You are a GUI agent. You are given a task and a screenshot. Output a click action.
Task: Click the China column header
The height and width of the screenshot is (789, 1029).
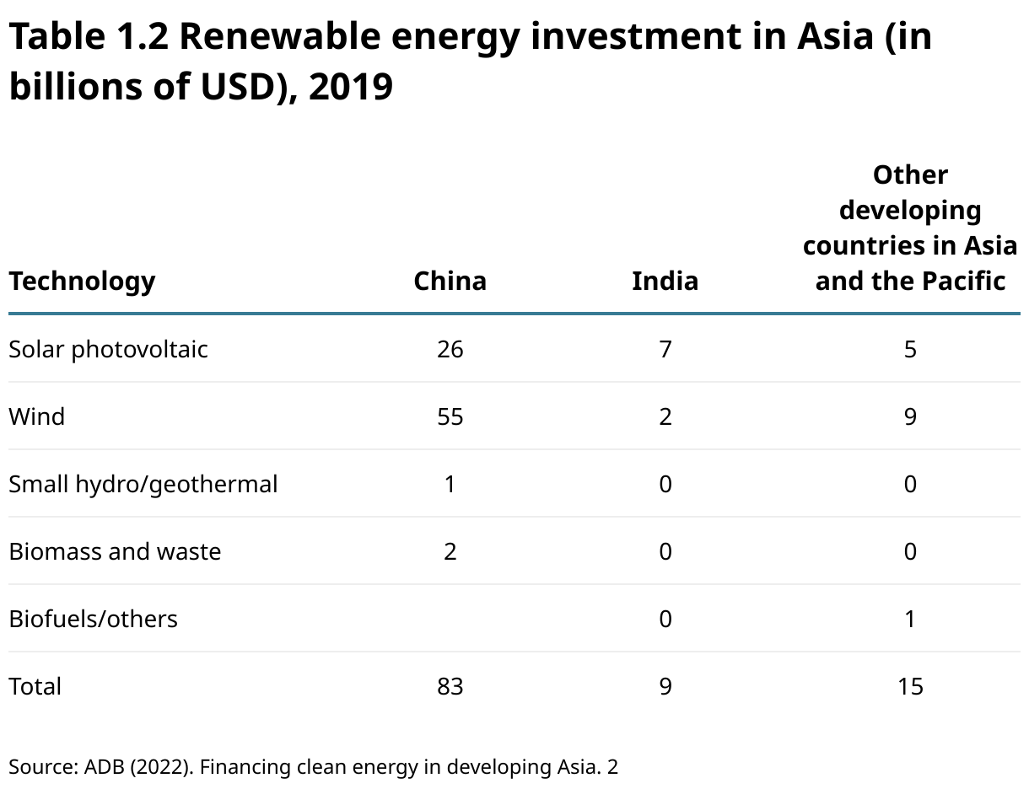click(450, 281)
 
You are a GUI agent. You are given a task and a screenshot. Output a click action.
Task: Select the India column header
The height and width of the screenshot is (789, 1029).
click(665, 281)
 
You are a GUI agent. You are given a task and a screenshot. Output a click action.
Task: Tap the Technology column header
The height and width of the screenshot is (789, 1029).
click(82, 281)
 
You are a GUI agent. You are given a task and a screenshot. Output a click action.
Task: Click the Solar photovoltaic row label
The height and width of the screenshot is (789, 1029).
click(108, 349)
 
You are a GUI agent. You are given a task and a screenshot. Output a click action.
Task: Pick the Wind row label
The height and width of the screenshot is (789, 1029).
click(36, 416)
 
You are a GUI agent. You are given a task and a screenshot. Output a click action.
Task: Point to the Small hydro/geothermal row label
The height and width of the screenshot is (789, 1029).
click(143, 484)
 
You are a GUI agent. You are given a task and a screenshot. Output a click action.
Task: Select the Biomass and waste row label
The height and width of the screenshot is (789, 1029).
click(115, 551)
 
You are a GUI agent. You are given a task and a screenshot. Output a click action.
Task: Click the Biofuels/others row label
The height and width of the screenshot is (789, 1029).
click(93, 619)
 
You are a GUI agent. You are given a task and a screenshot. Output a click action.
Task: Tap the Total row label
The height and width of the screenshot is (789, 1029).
click(35, 686)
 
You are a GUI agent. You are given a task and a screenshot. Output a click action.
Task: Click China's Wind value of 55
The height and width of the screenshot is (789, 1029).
click(450, 416)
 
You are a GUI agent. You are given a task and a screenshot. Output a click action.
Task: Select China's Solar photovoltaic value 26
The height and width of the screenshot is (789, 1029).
click(450, 349)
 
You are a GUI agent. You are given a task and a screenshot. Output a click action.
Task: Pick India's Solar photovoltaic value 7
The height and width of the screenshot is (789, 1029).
click(665, 349)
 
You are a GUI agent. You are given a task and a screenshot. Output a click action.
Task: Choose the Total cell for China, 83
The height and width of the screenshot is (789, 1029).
click(450, 686)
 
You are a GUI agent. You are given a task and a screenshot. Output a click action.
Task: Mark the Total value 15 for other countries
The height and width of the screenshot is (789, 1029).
click(910, 686)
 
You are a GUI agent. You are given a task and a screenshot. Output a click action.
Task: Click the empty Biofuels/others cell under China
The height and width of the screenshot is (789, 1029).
click(450, 619)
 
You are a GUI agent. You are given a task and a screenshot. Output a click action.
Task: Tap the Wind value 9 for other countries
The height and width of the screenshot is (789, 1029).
click(910, 416)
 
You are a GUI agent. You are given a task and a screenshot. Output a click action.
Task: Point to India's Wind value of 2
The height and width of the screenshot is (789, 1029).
click(665, 416)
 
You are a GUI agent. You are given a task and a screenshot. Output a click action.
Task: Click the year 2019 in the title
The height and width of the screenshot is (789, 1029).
click(350, 86)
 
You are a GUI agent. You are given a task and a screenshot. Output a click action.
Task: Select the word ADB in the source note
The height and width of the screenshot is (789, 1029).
click(105, 767)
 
